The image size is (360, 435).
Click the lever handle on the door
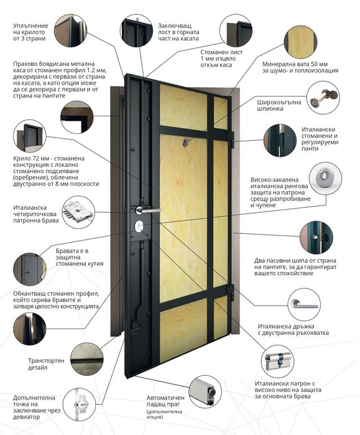coord(147,210)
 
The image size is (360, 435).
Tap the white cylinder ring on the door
coord(139,226)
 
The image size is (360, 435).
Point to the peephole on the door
coord(185,143)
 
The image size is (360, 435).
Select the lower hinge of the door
coord(231,293)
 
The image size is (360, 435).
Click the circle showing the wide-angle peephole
coord(323,97)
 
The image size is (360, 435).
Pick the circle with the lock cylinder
coord(278,362)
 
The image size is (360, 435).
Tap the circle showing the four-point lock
coord(78,212)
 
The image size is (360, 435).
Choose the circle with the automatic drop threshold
coord(205,392)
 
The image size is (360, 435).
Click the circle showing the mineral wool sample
coord(301,42)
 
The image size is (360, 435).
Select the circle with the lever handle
coord(304,304)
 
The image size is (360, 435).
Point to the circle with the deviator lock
coord(79,405)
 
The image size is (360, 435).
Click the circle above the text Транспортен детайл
coord(87,359)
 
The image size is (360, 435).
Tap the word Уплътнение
coord(30,26)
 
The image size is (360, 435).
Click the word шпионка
coord(270,109)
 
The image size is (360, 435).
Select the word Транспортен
coord(46,361)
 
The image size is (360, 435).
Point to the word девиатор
coord(26,417)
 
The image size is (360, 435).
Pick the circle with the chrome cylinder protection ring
coord(325,179)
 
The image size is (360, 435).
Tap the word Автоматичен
coord(165,398)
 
